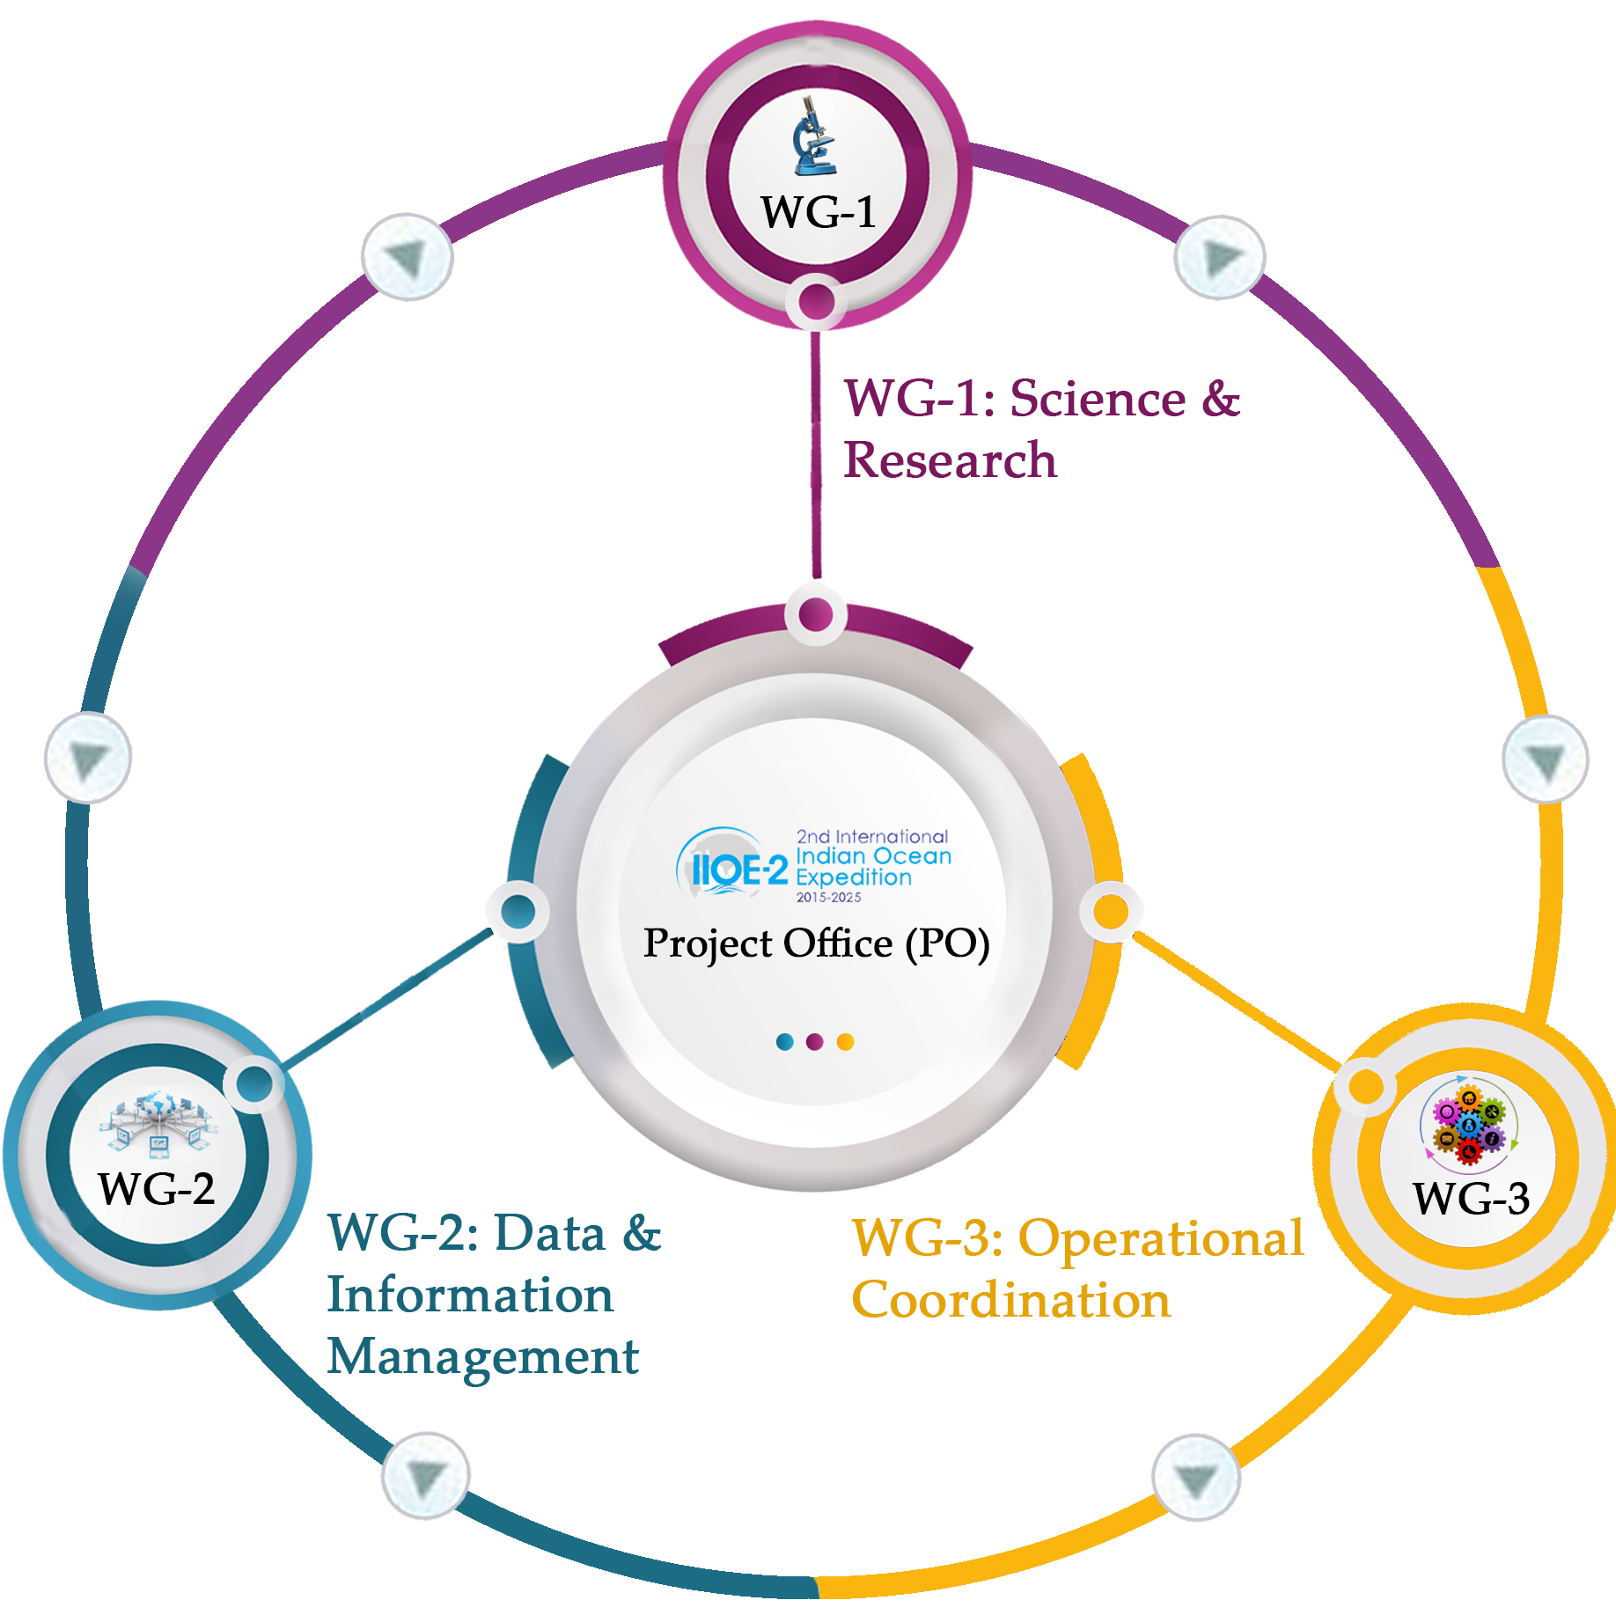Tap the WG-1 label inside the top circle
(x=819, y=212)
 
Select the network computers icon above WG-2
(x=158, y=1123)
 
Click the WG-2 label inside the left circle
(x=157, y=1189)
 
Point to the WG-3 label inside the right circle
(x=1471, y=1198)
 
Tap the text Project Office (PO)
(x=816, y=943)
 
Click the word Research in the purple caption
(x=950, y=460)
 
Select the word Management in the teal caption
(x=482, y=1356)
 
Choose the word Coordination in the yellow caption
(x=1011, y=1300)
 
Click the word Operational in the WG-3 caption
(x=1161, y=1238)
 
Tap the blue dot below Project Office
(x=785, y=1042)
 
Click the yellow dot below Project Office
(x=845, y=1042)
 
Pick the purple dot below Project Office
(x=815, y=1042)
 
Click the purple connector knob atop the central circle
(x=816, y=614)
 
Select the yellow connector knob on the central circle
(x=1111, y=911)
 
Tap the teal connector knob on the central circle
(x=518, y=911)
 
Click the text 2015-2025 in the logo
(x=828, y=898)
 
